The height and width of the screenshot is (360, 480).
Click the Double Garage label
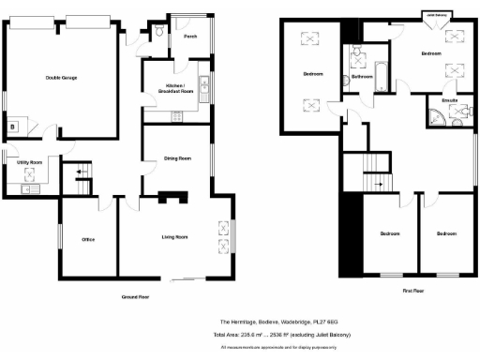(61, 77)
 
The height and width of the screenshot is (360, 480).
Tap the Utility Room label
(30, 162)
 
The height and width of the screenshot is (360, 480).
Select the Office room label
(89, 239)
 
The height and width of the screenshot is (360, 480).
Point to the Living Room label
(175, 237)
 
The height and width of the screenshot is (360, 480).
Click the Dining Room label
(177, 158)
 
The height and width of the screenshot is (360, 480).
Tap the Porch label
(190, 37)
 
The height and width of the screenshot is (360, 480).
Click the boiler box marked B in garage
(13, 125)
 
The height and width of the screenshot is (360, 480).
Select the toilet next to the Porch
(161, 32)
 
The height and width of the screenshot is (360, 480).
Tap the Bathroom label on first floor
(361, 78)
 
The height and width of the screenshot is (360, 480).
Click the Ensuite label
(448, 98)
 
